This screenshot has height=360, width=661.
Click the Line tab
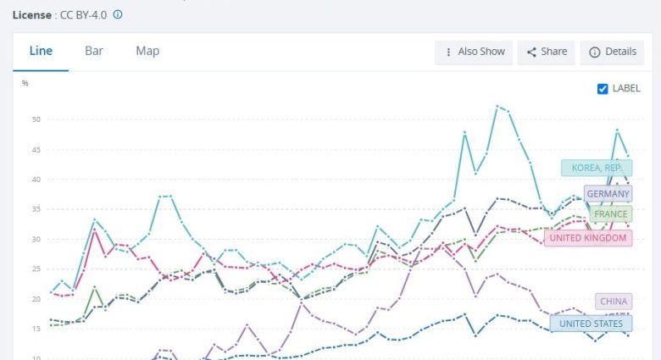click(x=41, y=51)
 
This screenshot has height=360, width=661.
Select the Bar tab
click(x=94, y=51)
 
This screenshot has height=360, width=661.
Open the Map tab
click(x=147, y=51)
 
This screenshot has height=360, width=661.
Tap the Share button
click(x=547, y=52)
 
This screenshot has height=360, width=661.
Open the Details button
click(x=613, y=52)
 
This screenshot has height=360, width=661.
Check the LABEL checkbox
click(x=603, y=89)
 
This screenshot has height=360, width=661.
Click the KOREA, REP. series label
click(x=596, y=168)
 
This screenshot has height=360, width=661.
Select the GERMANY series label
click(x=608, y=193)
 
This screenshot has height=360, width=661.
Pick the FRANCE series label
click(x=611, y=214)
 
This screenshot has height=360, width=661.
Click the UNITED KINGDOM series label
click(x=587, y=238)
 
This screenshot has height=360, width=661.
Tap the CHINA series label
click(x=614, y=302)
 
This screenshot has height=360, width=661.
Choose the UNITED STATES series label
click(x=591, y=323)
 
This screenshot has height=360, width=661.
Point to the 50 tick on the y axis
click(x=36, y=119)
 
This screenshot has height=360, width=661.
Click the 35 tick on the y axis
click(x=36, y=209)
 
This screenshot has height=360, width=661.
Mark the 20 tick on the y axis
click(x=36, y=299)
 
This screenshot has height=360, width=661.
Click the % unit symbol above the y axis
click(x=25, y=83)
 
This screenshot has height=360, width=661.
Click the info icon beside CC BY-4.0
click(x=118, y=14)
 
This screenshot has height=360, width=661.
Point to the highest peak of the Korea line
click(x=497, y=106)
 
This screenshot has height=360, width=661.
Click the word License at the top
click(x=31, y=14)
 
